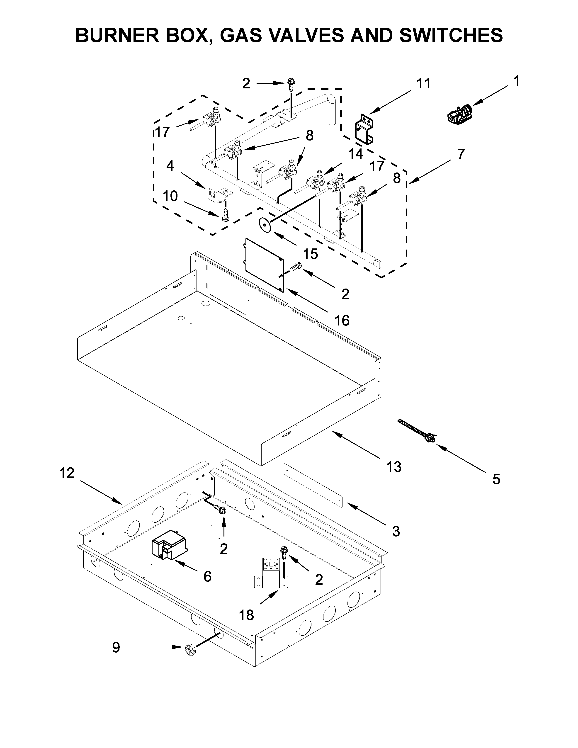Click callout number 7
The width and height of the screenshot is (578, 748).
pos(461,154)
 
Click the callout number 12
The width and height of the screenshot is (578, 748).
pos(67,473)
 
